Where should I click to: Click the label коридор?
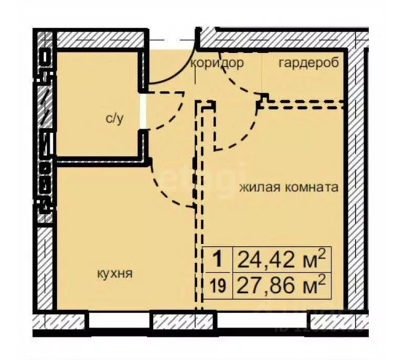217,63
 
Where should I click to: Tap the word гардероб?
308,63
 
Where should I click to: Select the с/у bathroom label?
114,119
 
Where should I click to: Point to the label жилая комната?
289,187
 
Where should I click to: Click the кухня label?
114,273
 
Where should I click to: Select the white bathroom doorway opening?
142,111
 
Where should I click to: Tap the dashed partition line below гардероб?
304,104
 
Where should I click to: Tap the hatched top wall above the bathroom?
100,39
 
